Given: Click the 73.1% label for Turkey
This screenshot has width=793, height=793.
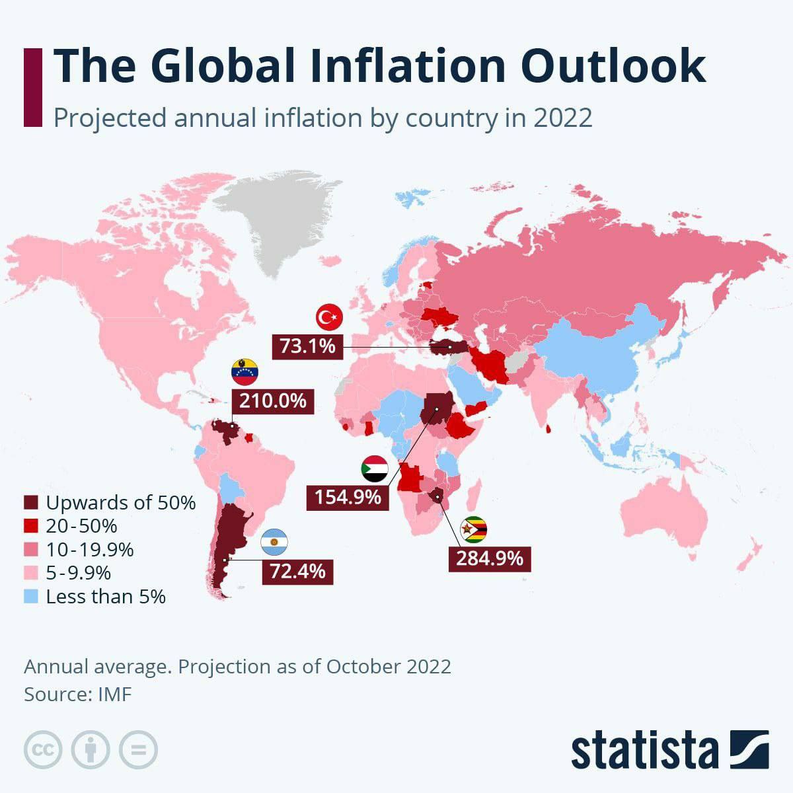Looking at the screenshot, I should point(308,346).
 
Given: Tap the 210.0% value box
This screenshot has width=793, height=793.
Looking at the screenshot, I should point(273,400).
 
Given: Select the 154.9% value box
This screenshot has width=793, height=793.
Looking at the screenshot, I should point(348,497).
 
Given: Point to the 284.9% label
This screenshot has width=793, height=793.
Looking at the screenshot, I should point(490,558).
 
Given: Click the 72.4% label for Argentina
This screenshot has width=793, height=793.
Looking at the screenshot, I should point(297,571).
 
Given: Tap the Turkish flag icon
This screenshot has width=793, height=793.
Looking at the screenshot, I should point(329,318).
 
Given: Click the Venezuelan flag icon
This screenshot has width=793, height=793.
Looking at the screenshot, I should point(245,373).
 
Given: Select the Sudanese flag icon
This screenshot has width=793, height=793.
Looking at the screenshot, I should point(375,469).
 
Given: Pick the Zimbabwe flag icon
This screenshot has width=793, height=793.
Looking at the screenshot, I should point(474,530).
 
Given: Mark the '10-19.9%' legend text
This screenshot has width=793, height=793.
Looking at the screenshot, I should point(90,550).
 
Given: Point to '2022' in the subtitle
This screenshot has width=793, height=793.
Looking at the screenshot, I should point(562,118).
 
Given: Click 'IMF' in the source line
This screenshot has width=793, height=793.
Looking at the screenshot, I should point(115,695).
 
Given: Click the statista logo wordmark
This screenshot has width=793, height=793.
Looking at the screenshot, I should point(644,751).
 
